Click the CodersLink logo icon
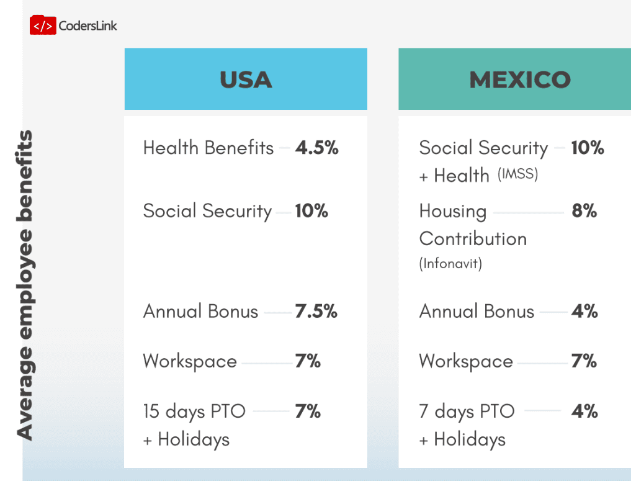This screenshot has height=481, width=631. click(x=42, y=25)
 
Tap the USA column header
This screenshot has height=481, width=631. click(x=246, y=79)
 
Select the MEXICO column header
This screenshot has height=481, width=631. click(x=520, y=79)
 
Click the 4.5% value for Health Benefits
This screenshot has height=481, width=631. click(x=316, y=148)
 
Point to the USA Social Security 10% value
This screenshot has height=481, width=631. click(x=311, y=211)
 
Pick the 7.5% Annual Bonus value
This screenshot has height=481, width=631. click(x=316, y=311)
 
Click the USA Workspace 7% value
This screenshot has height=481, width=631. click(x=308, y=361)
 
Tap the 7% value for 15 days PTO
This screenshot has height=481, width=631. click(x=308, y=411)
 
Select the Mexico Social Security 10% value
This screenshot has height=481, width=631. click(x=588, y=148)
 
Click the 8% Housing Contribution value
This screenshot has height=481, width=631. click(x=584, y=211)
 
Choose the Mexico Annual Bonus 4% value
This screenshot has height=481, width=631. click(x=584, y=311)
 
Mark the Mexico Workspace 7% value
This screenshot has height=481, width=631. click(x=584, y=361)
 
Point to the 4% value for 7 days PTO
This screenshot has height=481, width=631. click(x=584, y=411)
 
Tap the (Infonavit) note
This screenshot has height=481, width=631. click(x=450, y=263)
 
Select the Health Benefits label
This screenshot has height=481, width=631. click(x=208, y=148)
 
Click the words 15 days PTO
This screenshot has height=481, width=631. click(x=194, y=411)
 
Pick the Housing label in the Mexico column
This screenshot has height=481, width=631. click(x=452, y=211)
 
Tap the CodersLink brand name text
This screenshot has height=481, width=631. click(x=87, y=25)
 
